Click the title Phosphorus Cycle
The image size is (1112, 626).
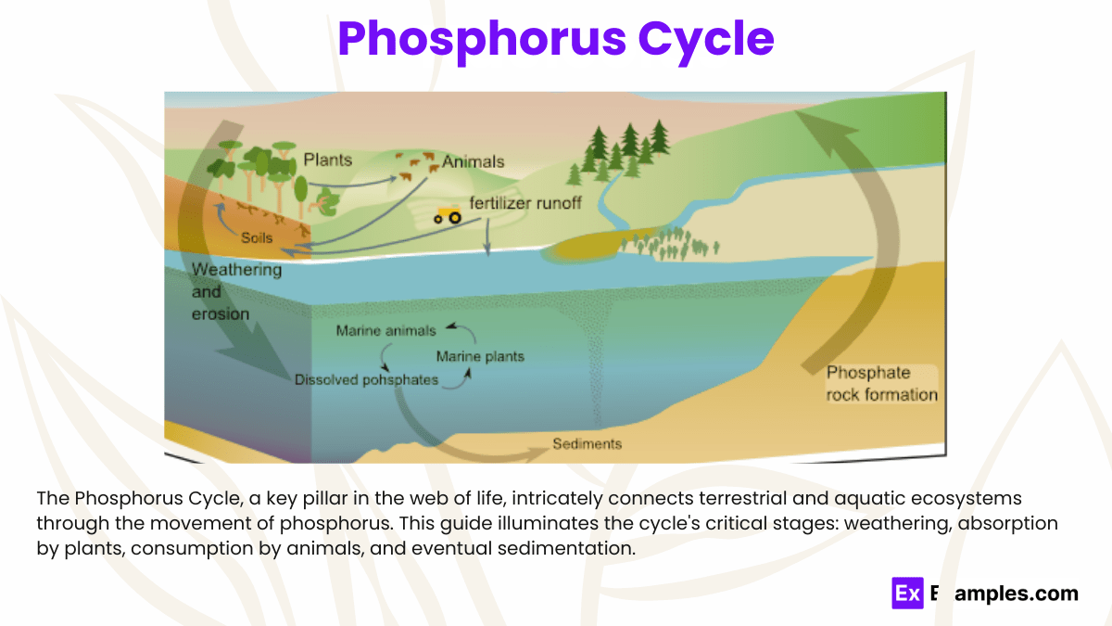click(x=555, y=39)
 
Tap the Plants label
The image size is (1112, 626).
click(x=328, y=160)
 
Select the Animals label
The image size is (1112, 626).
click(x=473, y=161)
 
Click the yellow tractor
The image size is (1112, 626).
click(x=449, y=215)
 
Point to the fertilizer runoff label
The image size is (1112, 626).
click(x=525, y=202)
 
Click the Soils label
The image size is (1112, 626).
click(x=257, y=237)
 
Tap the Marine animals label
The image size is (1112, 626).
click(x=385, y=330)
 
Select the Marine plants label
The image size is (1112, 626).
click(x=480, y=356)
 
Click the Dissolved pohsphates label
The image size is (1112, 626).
click(x=366, y=379)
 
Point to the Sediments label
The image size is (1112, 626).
click(x=587, y=443)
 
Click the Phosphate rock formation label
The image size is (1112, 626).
click(x=881, y=384)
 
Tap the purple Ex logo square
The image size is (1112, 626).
click(x=907, y=594)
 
